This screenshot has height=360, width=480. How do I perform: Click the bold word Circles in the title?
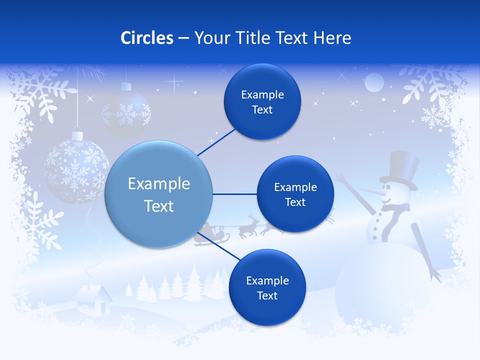(147, 38)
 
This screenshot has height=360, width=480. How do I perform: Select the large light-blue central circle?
(159, 194)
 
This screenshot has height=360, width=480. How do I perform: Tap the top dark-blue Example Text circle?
(262, 102)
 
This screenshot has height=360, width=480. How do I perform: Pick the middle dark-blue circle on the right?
(295, 194)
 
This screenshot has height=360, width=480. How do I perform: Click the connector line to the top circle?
(216, 142)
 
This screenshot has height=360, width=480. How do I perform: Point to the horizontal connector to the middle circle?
(234, 194)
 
